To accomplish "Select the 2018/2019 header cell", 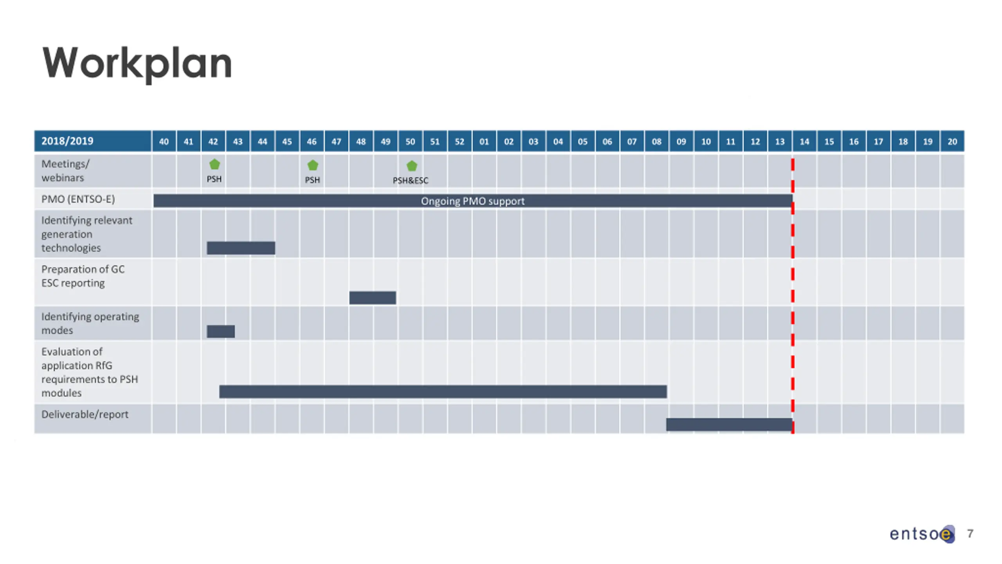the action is pos(67,141).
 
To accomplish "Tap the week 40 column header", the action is pos(164,141).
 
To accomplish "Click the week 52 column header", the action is pos(460,141).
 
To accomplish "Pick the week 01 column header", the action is pos(484,141).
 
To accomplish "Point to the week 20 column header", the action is pos(952,141).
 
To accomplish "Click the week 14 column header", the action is pos(804,141).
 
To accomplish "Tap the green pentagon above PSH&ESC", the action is pos(412,166).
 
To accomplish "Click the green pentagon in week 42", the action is pos(214,164).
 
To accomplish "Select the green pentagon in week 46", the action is pos(313,165).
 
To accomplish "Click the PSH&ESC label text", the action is pos(411,181).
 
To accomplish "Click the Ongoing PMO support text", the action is pos(472,201).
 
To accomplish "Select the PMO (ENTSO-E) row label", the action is pos(78,199).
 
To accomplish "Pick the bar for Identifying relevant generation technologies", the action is pos(241,248).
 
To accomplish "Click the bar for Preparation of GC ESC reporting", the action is pos(372,298).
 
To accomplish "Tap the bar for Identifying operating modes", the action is pos(221,331).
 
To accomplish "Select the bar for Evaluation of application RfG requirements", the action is pos(443,392).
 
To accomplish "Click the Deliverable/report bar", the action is pos(729,425).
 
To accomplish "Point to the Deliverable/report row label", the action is pos(85,414).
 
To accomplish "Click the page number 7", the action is pos(970,533).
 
